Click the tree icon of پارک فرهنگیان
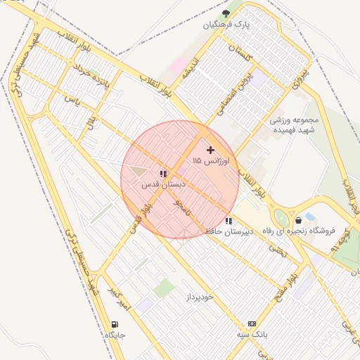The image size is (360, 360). pyautogui.click(x=226, y=13)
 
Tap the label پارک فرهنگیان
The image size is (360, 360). pyautogui.click(x=226, y=25)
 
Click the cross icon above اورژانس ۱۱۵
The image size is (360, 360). pyautogui.click(x=210, y=149)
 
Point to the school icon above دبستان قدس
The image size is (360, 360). pyautogui.click(x=162, y=174)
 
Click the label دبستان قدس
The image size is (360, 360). pyautogui.click(x=163, y=185)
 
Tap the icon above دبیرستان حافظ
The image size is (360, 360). pyautogui.click(x=229, y=221)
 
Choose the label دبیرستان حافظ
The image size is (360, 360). pyautogui.click(x=229, y=231)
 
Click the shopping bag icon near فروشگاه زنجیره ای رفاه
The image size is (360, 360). pyautogui.click(x=300, y=220)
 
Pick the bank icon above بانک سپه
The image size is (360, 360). pyautogui.click(x=252, y=323)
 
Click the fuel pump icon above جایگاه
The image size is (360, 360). pyautogui.click(x=114, y=324)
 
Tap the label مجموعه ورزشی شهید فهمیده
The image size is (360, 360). pyautogui.click(x=295, y=125)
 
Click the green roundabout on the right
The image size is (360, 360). pyautogui.click(x=281, y=218)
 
